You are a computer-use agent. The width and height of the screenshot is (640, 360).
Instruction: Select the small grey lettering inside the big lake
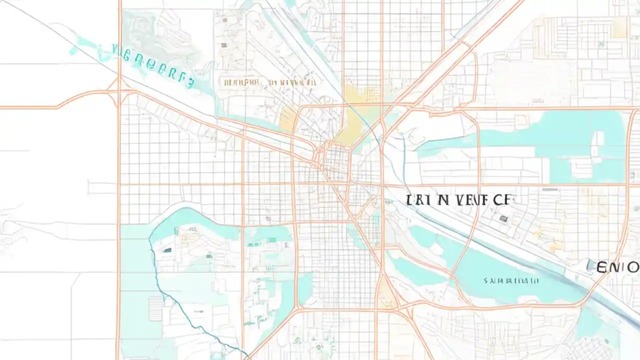coord(511,281)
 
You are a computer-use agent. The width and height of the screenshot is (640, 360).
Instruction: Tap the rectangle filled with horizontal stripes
coord(155,308)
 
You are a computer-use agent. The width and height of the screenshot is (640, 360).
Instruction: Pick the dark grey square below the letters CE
coord(503,218)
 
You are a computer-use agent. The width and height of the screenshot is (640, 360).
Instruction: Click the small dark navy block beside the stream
coord(166,249)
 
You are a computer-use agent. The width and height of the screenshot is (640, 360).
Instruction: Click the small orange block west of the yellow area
coord(288,119)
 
